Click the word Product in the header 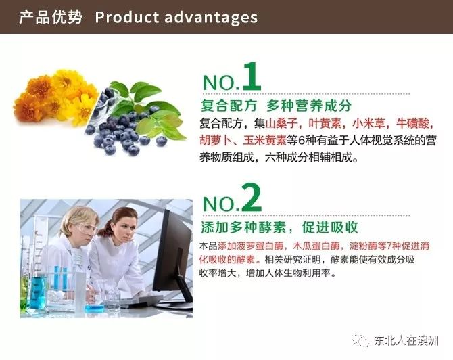point(127,18)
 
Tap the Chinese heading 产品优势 point(51,18)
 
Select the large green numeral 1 point(252,76)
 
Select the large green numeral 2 point(252,198)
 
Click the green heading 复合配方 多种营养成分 point(276,106)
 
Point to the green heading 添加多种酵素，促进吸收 point(279,227)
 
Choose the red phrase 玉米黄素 point(265,141)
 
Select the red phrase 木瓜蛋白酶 point(316,246)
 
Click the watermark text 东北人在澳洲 point(406,340)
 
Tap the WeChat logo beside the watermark point(360,340)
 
